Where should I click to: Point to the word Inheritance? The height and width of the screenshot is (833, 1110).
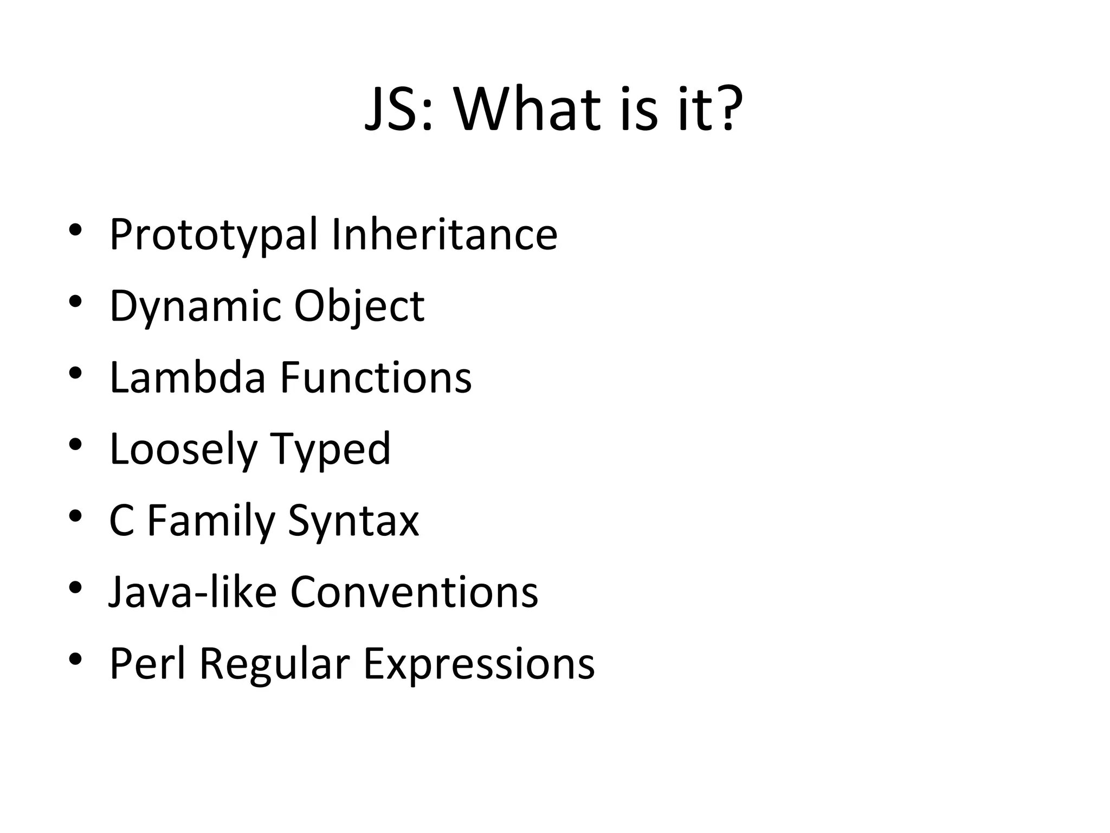(444, 234)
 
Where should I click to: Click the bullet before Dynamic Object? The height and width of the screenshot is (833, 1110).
(75, 301)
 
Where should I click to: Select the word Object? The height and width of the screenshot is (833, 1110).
(359, 307)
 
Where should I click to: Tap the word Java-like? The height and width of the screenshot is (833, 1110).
(192, 592)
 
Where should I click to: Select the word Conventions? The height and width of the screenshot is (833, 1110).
(414, 592)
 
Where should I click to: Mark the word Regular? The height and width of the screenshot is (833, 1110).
(275, 665)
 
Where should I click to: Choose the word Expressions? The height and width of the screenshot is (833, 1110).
(479, 665)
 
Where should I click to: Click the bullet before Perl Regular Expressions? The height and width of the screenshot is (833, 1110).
(75, 659)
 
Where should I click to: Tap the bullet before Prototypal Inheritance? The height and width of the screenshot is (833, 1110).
(75, 229)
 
